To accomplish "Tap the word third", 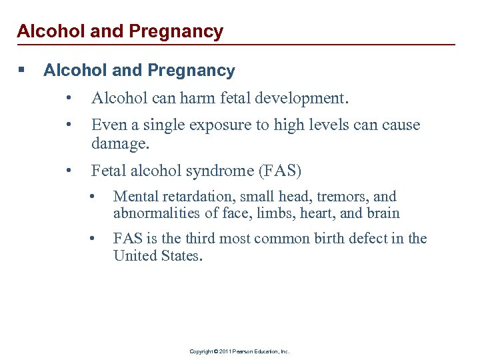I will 203,239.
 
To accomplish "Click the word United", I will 135,255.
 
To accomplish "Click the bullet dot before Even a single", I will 70,125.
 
